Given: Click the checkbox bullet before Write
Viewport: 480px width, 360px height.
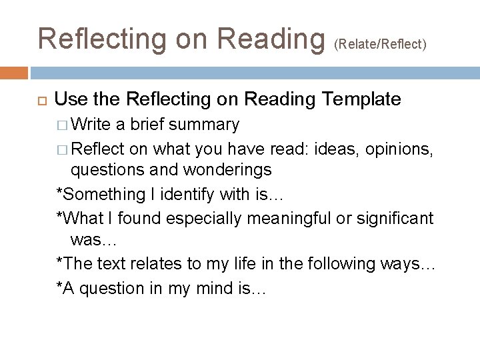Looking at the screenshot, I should [61, 125].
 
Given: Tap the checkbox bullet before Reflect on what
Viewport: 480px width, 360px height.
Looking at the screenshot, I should [61, 147].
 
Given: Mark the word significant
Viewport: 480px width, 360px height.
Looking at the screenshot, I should [396, 217].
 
